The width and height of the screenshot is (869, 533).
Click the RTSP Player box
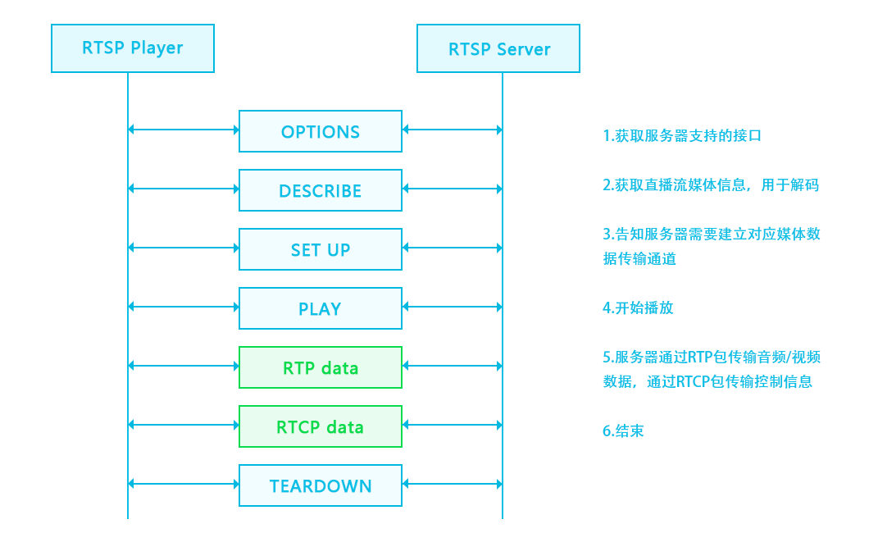tap(133, 48)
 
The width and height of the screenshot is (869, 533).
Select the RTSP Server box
tap(498, 48)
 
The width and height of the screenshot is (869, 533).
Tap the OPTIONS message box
tap(321, 131)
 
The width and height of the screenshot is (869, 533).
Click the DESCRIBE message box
tap(321, 190)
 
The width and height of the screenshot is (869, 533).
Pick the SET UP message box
tap(321, 249)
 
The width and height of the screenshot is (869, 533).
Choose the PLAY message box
tap(321, 308)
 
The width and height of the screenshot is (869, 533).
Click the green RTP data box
tap(321, 367)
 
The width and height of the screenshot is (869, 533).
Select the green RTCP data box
tap(321, 426)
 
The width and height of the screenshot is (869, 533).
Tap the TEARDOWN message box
tap(321, 485)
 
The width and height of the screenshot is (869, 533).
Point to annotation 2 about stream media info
tap(711, 185)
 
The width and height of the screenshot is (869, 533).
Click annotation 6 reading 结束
tap(623, 430)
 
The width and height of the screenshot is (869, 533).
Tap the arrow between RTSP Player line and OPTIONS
tap(184, 130)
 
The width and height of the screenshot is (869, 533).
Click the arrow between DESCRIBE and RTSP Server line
tap(452, 189)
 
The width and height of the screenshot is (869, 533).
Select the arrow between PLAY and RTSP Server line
tap(452, 307)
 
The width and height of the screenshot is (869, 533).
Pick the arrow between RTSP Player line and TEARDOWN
tap(184, 484)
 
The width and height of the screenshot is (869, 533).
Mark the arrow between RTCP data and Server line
tap(452, 425)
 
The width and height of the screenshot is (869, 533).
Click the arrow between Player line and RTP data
tap(184, 366)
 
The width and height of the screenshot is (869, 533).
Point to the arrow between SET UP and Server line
tap(452, 248)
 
